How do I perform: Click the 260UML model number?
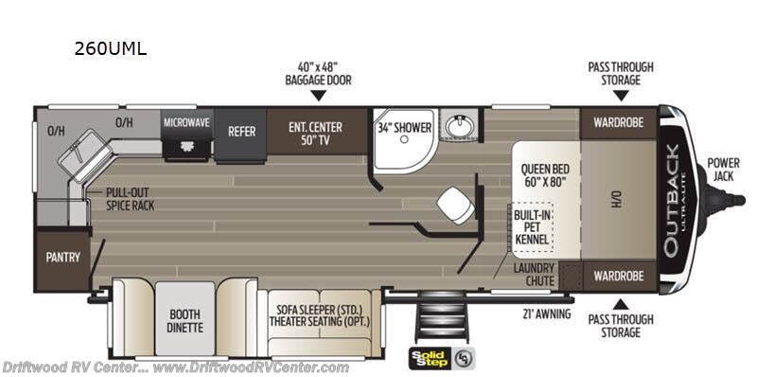(110, 49)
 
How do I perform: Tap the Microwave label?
(186, 123)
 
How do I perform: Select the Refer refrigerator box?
(240, 135)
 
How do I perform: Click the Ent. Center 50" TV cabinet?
(316, 131)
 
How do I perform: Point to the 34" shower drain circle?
(405, 139)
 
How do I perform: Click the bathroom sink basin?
(459, 127)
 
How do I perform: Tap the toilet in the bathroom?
(456, 205)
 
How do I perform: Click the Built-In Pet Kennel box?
(531, 226)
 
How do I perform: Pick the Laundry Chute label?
(534, 274)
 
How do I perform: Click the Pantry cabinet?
(62, 260)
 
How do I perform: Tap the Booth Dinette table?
(185, 319)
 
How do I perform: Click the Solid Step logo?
(442, 358)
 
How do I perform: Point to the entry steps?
(441, 315)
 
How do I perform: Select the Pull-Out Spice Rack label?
(130, 199)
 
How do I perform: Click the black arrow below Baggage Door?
(318, 96)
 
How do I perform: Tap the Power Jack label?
(723, 170)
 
